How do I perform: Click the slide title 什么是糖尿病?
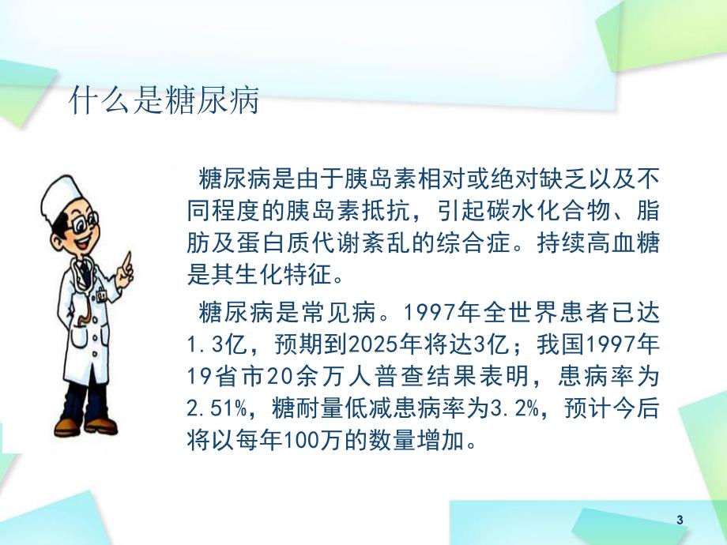[x=164, y=102]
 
